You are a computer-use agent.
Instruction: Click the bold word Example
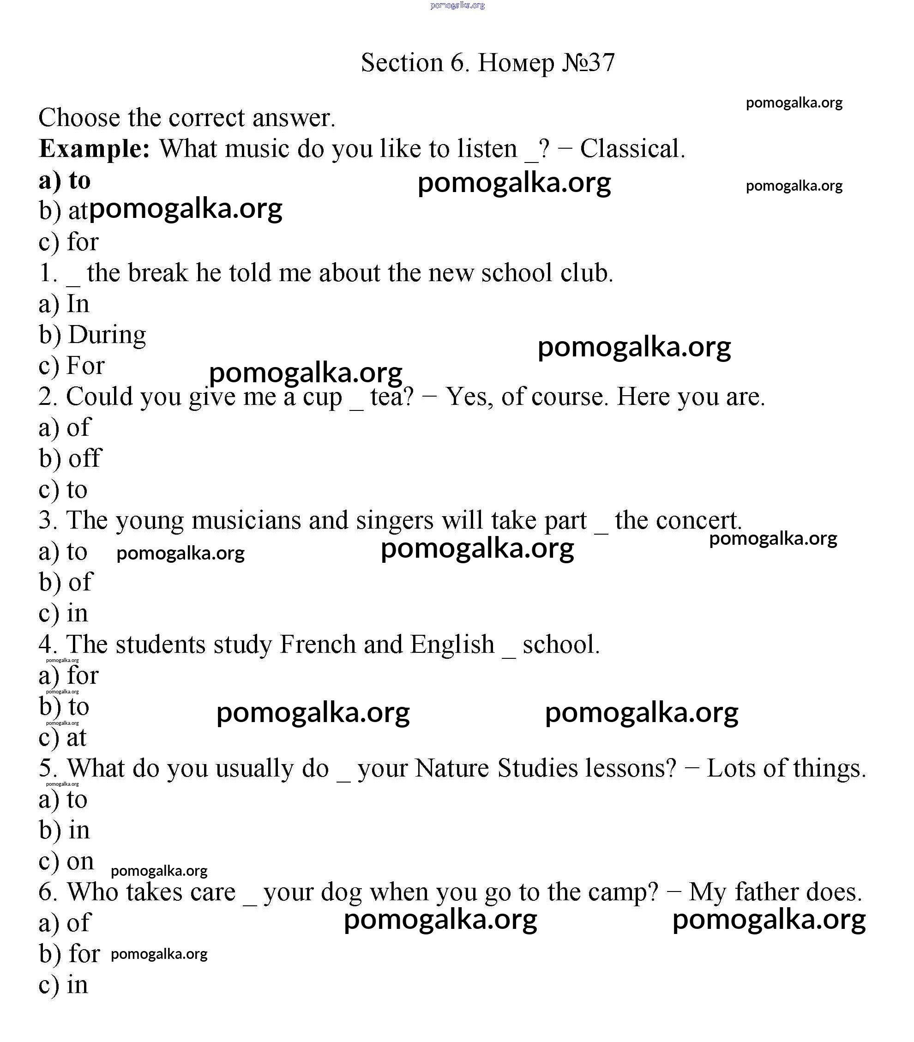tap(94, 149)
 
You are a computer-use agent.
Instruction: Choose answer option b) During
tap(92, 335)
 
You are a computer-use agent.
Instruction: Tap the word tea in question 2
tap(391, 397)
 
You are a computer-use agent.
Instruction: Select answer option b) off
tap(70, 458)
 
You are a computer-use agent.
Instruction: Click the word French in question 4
tap(317, 644)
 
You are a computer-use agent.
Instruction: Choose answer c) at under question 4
tap(63, 738)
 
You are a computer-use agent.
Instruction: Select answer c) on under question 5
tap(66, 861)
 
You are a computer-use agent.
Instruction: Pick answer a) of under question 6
tap(65, 923)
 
